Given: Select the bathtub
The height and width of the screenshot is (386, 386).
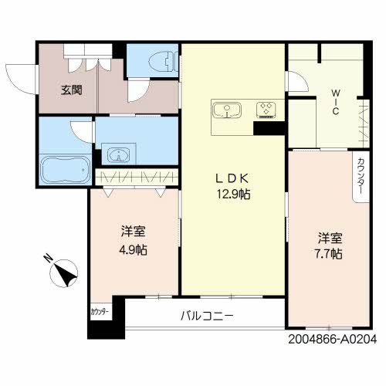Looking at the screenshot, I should click(x=65, y=168).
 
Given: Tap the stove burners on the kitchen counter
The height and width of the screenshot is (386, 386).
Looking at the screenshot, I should click(x=267, y=108).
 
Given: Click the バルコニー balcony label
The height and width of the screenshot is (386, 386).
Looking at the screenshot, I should click(x=207, y=315).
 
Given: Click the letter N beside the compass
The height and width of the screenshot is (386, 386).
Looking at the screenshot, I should click(x=47, y=259).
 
